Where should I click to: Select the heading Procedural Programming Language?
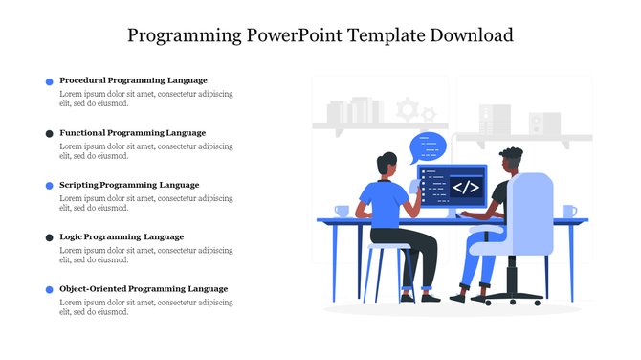click(x=133, y=80)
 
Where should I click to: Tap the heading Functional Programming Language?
click(x=132, y=132)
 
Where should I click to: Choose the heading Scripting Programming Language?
click(x=129, y=185)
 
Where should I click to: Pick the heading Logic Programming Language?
click(x=122, y=236)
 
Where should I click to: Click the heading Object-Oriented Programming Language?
click(x=144, y=288)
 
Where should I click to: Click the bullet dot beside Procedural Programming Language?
click(x=50, y=82)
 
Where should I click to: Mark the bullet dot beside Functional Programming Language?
click(x=50, y=134)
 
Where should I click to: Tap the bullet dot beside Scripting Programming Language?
click(x=50, y=186)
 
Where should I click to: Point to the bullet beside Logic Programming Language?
click(x=50, y=237)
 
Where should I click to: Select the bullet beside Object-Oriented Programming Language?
click(x=50, y=289)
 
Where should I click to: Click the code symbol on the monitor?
click(x=466, y=187)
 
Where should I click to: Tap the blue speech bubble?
click(x=428, y=146)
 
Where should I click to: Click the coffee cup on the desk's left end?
click(x=342, y=211)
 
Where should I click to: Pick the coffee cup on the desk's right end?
click(x=568, y=211)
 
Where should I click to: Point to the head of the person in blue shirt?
click(x=387, y=165)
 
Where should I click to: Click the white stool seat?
click(x=387, y=247)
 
